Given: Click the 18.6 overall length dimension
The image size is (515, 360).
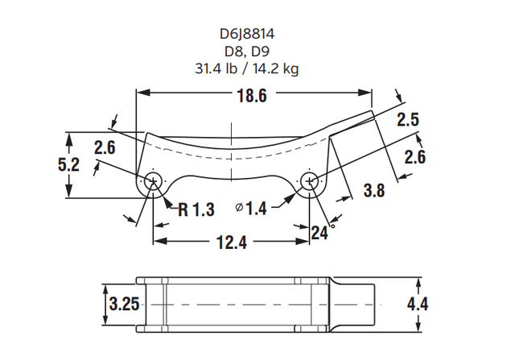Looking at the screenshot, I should coord(252,96).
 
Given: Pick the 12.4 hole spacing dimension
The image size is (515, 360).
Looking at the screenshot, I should coord(230,242).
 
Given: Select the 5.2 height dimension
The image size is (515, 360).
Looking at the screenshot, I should coord(68,165).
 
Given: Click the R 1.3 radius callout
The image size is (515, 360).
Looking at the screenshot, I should coord(196,210).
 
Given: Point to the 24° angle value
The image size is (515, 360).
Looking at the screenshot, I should coord(320,234).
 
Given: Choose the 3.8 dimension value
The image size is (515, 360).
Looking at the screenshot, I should coord(374,191).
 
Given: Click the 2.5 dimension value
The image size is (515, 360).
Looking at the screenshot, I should coord(409,120).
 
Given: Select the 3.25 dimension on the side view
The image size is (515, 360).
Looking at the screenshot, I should coord(122,304).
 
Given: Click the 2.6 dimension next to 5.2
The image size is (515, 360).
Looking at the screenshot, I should coord(105,147).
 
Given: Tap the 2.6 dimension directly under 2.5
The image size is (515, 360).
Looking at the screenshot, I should coord(414,158).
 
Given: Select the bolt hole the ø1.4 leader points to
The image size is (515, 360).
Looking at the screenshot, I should coord(309,180).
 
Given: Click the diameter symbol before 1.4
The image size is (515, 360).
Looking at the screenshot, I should coord(239,209).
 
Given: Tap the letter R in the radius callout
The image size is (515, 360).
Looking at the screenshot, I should coord(183,210).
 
